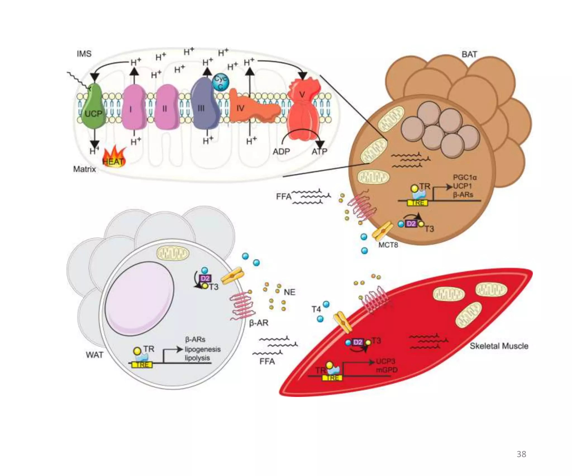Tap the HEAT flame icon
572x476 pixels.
pos(114,158)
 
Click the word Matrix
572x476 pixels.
pos(84,169)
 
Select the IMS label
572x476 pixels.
pos(84,54)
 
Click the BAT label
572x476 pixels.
pos(469,54)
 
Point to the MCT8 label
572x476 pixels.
pos(388,245)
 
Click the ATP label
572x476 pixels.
pos(319,151)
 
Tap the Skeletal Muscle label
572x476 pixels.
pos(499,346)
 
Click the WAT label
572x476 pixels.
pos(94,355)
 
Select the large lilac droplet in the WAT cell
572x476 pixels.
pos(140,298)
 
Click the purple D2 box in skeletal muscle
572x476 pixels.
pos(357,342)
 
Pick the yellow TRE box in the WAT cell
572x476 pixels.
pos(142,365)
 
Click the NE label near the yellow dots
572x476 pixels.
pos(289,292)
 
